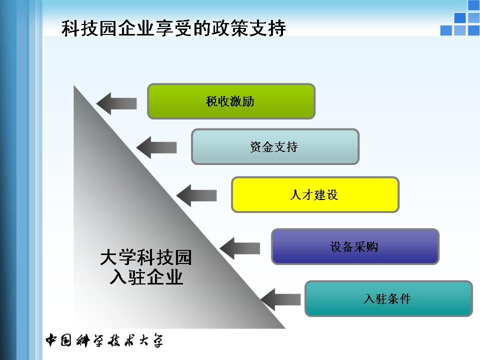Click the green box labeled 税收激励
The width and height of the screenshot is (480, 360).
pyautogui.click(x=231, y=101)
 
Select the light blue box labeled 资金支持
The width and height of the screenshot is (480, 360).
pyautogui.click(x=275, y=146)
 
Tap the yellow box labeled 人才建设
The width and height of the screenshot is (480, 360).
pyautogui.click(x=315, y=194)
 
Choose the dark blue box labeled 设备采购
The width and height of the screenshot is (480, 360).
pyautogui.click(x=355, y=246)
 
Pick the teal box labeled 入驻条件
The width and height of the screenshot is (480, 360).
pyautogui.click(x=388, y=298)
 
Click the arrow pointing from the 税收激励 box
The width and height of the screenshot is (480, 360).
pyautogui.click(x=116, y=103)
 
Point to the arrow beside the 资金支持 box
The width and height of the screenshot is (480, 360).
pyautogui.click(x=156, y=147)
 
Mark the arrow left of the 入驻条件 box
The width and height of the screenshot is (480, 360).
pyautogui.click(x=280, y=299)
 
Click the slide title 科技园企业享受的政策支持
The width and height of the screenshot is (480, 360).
pyautogui.click(x=173, y=28)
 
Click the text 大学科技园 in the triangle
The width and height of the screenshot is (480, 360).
pyautogui.click(x=146, y=257)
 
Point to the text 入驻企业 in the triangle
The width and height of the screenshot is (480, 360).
pyautogui.click(x=146, y=276)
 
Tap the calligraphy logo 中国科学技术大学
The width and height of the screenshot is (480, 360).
pyautogui.click(x=104, y=340)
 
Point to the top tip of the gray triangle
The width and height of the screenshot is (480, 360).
pyautogui.click(x=75, y=88)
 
